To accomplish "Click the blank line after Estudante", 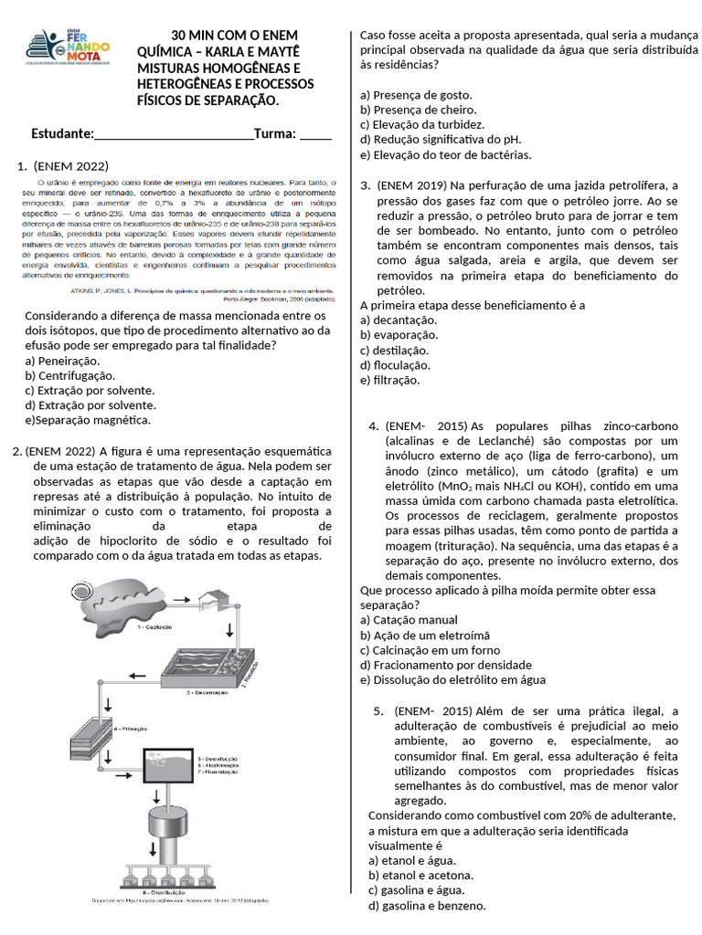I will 174,135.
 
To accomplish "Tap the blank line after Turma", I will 315,135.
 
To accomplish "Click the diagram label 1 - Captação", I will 155,628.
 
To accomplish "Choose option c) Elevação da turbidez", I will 422,124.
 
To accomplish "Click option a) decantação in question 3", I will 399,320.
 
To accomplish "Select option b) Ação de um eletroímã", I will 425,636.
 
